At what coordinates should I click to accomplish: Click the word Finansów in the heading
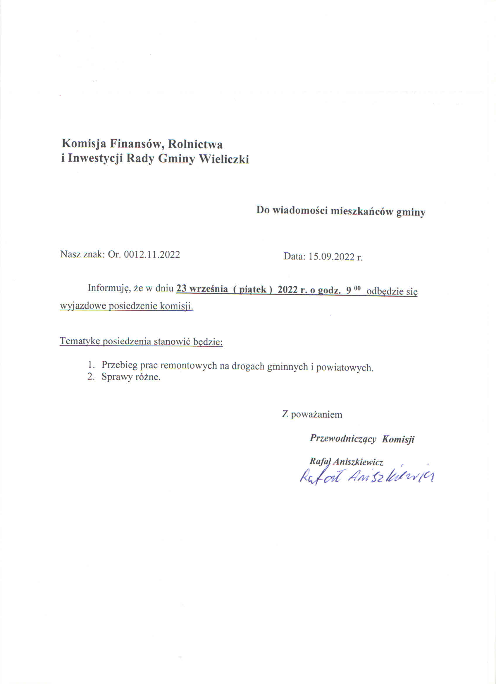click(x=135, y=144)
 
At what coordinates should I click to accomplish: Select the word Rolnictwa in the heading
click(x=195, y=144)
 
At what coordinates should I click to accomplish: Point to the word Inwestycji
click(x=95, y=158)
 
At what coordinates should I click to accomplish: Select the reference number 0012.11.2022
click(x=152, y=254)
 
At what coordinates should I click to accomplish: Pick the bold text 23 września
click(x=202, y=289)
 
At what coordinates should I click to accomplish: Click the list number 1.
click(x=90, y=365)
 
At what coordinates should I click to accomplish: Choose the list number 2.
click(x=90, y=377)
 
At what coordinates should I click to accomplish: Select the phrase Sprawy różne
click(x=131, y=377)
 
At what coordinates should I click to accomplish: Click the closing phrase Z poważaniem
click(x=312, y=414)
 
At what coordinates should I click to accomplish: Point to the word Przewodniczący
click(x=343, y=439)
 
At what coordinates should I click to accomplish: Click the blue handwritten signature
click(x=366, y=476)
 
